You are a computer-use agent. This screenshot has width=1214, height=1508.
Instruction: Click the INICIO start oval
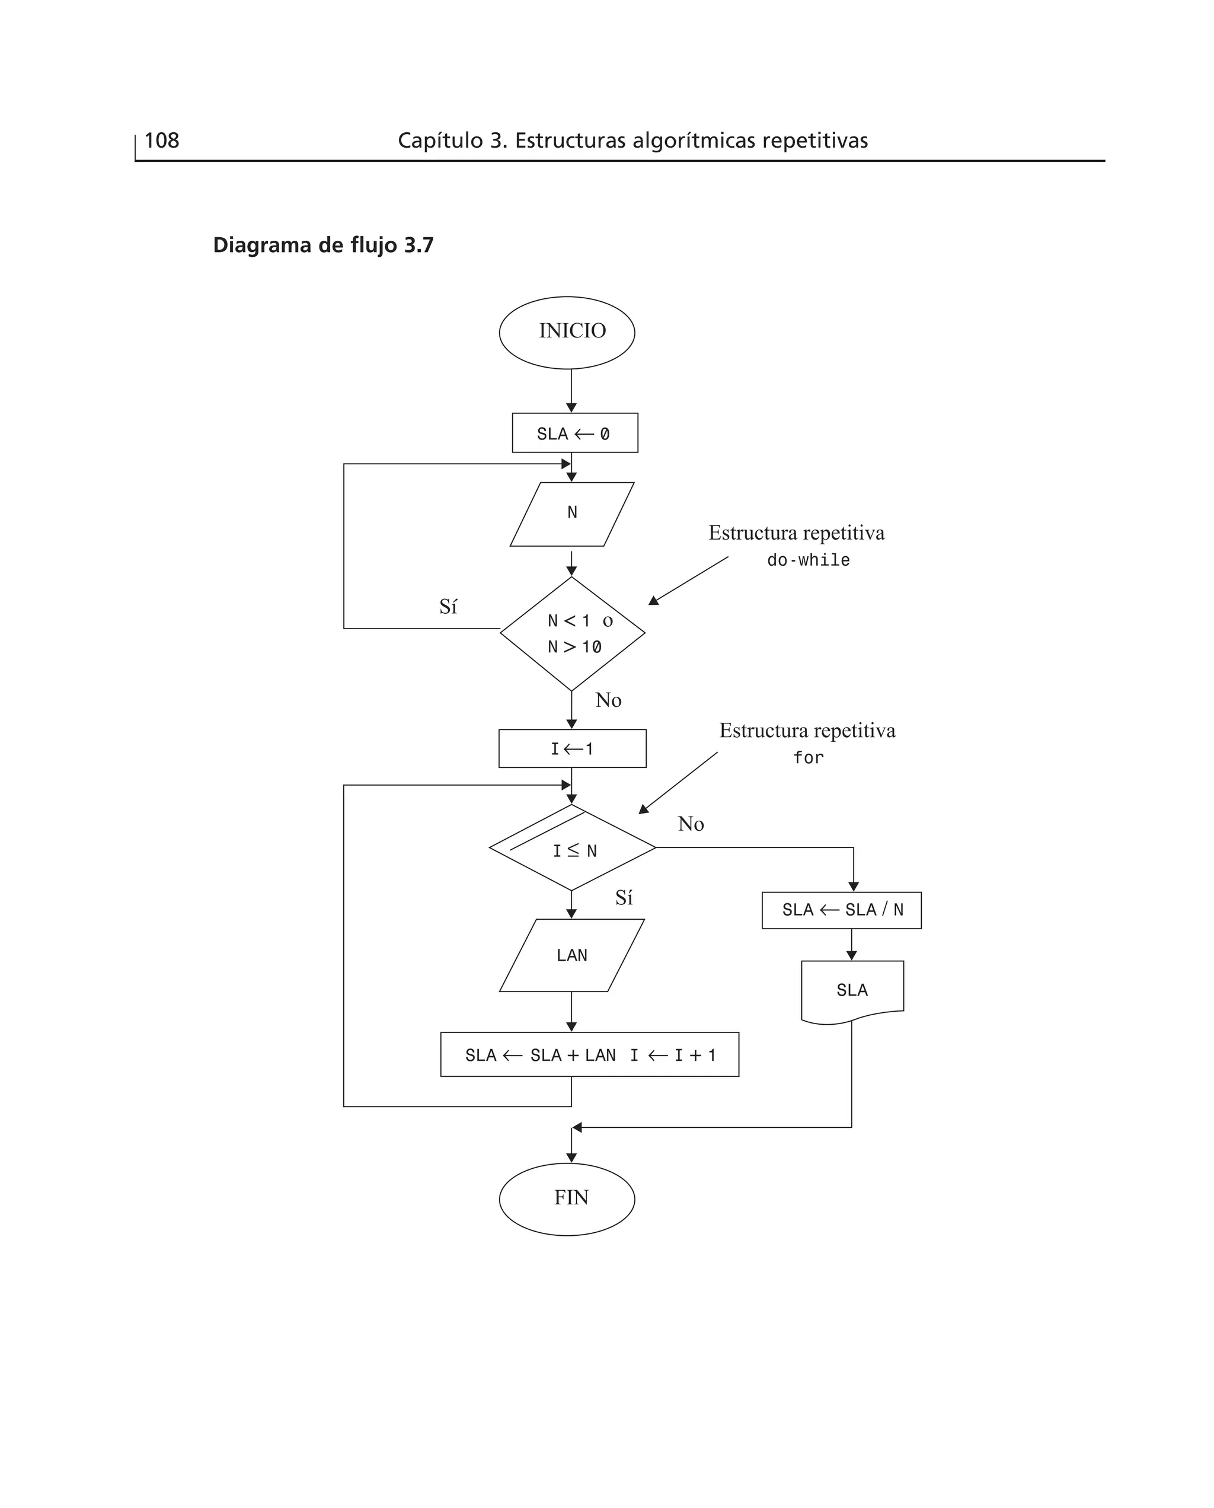[567, 332]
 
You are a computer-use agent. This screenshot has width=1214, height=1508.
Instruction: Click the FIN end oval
[567, 1198]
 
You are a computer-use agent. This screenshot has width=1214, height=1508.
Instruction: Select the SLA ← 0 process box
[574, 433]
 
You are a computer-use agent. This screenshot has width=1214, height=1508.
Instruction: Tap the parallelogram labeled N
[572, 514]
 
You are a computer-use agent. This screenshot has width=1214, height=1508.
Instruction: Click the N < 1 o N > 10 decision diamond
[572, 634]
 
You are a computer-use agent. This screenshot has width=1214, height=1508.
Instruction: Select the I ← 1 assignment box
[572, 748]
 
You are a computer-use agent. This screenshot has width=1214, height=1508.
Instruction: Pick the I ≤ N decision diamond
[572, 849]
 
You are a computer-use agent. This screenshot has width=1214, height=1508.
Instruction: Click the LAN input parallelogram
[572, 955]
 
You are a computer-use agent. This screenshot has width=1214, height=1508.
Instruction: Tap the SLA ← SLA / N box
[841, 910]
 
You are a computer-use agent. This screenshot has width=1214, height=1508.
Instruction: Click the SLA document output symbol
[852, 990]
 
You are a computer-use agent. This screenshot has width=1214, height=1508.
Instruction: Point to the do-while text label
[809, 560]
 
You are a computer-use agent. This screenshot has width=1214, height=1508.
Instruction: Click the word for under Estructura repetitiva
[809, 757]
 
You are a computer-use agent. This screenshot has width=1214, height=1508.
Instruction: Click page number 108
[162, 141]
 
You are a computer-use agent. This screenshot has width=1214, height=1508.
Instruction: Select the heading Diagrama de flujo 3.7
[323, 246]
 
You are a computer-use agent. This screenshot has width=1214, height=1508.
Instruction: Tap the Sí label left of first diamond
[448, 607]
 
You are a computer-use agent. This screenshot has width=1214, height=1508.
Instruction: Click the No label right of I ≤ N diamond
[690, 824]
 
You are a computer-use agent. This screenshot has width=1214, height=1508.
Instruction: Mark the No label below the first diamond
[608, 700]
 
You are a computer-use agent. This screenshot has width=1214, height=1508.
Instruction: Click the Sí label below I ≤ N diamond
[624, 898]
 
